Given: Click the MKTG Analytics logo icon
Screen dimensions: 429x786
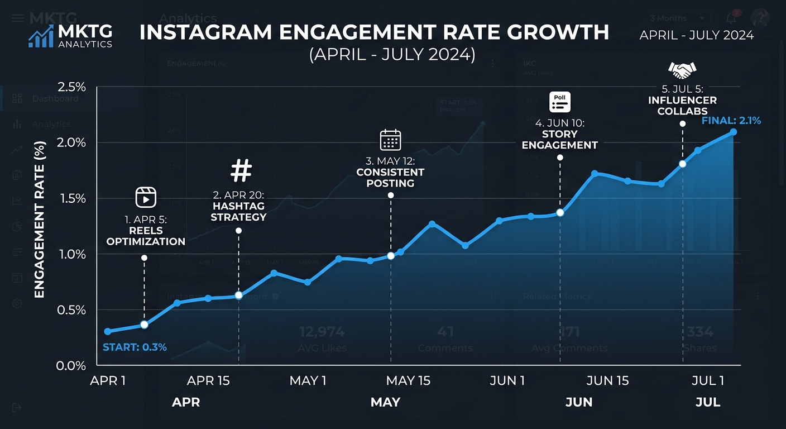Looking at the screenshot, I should (41, 36).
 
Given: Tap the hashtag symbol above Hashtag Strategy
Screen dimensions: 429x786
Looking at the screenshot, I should (241, 171).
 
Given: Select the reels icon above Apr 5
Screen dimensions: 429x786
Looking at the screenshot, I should (146, 197).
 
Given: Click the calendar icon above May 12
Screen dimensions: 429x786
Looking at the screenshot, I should (390, 140).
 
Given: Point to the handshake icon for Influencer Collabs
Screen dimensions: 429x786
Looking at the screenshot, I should (682, 70).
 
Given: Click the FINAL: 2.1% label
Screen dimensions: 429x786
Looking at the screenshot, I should (731, 120).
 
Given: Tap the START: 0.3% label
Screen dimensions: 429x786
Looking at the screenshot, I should (135, 347).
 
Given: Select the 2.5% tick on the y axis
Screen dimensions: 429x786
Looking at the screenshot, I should (71, 87).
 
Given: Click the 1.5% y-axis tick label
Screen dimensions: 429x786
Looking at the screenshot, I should (71, 199).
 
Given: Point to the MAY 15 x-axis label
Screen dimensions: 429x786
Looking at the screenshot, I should (409, 381).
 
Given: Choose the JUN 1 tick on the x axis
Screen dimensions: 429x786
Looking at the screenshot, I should (507, 381).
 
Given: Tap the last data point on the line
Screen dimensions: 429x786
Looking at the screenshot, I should (734, 132).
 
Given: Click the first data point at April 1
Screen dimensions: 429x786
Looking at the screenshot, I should (108, 331).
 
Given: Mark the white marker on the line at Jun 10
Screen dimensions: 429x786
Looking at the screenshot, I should (560, 212).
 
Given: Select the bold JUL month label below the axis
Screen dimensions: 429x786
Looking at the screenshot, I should (708, 402).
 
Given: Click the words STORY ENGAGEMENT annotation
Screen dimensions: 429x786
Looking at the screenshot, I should (560, 140).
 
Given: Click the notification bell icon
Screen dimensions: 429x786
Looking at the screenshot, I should (731, 18).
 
